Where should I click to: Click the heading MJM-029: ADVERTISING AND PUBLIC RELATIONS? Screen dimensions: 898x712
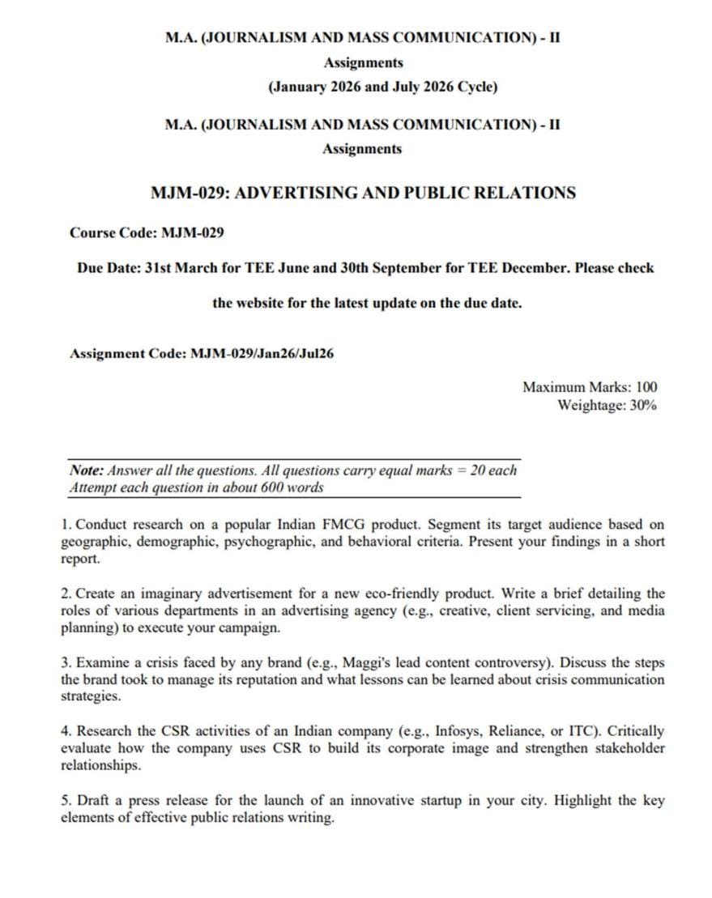363,193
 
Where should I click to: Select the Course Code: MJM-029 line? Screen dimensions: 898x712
146,233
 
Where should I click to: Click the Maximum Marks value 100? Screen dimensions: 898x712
646,387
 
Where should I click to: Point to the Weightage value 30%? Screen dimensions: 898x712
642,405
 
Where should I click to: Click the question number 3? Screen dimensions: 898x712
65,662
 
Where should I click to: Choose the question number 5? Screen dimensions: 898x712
65,800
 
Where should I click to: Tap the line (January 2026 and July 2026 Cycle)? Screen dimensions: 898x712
382,87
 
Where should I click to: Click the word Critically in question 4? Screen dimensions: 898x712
634,731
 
